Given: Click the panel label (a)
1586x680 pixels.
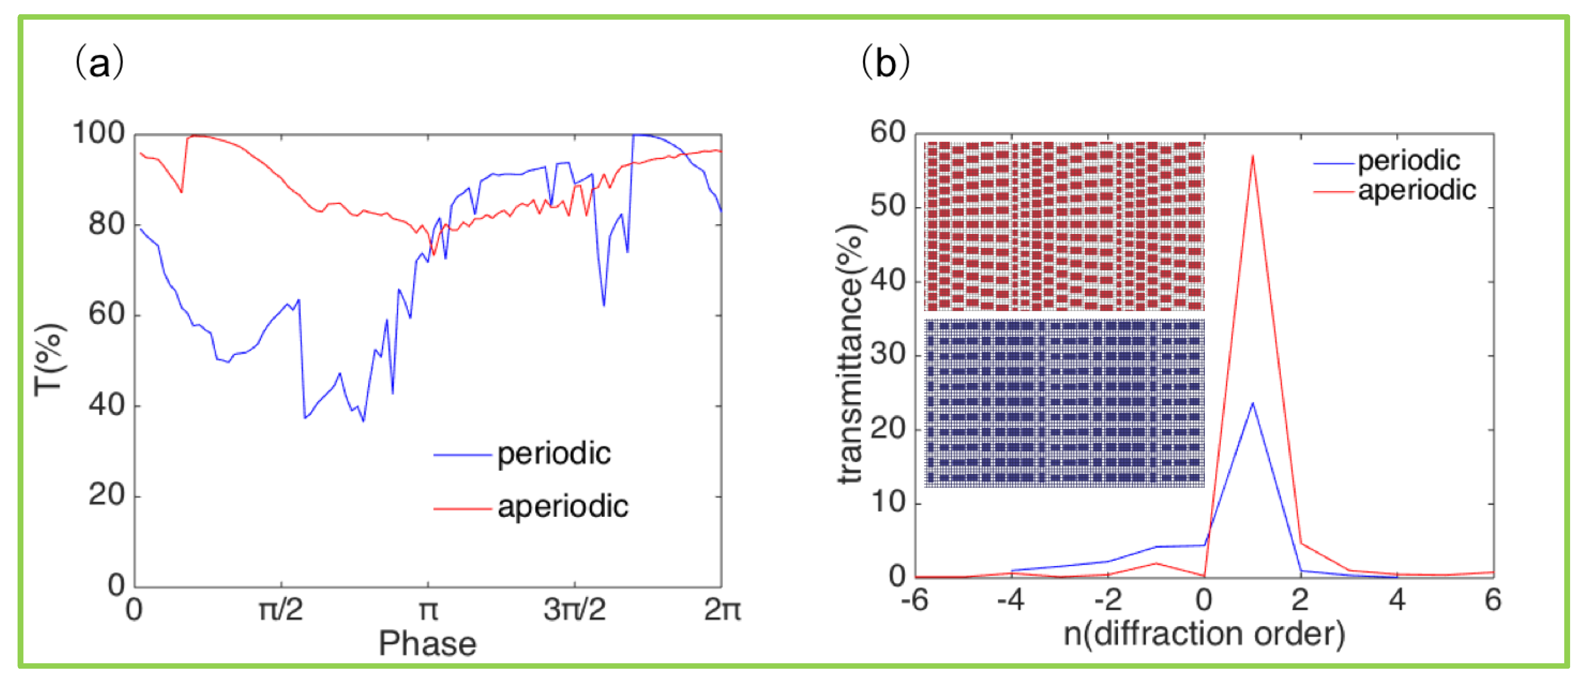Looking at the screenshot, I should click(99, 63).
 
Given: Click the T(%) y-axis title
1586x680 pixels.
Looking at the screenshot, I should click(49, 360).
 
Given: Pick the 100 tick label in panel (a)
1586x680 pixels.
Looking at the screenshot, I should click(99, 133).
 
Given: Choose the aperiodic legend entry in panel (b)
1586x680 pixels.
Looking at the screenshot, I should click(1416, 190).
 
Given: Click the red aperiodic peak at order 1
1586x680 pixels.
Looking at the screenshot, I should click(1252, 157).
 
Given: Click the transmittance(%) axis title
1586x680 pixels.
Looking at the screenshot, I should click(852, 354).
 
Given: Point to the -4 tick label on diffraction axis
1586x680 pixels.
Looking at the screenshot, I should click(1010, 600).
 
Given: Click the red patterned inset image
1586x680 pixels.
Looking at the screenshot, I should click(1064, 226).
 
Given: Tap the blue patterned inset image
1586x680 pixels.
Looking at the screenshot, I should click(1064, 403).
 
